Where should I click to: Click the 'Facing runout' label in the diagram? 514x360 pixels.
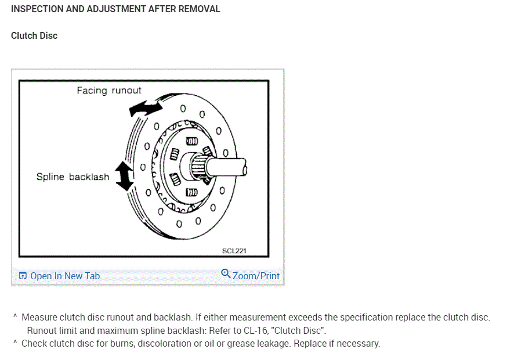pyautogui.click(x=109, y=91)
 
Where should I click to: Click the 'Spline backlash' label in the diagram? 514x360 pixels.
pyautogui.click(x=73, y=177)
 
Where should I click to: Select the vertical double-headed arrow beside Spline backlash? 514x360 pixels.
pyautogui.click(x=124, y=175)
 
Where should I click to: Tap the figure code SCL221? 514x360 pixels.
pyautogui.click(x=234, y=251)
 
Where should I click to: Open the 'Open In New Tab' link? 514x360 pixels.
pyautogui.click(x=64, y=276)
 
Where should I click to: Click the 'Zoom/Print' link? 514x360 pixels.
pyautogui.click(x=256, y=276)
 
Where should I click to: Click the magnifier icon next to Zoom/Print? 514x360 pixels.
pyautogui.click(x=226, y=274)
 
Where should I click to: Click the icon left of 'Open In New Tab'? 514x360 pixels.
pyautogui.click(x=23, y=276)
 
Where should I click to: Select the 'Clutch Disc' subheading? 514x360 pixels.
pyautogui.click(x=34, y=35)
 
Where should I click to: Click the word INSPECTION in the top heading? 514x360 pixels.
pyautogui.click(x=38, y=9)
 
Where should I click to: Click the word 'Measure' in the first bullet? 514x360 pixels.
pyautogui.click(x=39, y=318)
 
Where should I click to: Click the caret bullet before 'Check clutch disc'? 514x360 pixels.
pyautogui.click(x=15, y=343)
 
